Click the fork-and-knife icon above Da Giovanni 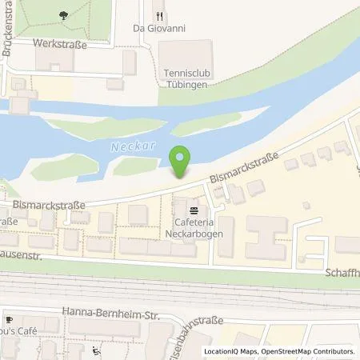coord(158,14)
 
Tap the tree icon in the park coord(63,14)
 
